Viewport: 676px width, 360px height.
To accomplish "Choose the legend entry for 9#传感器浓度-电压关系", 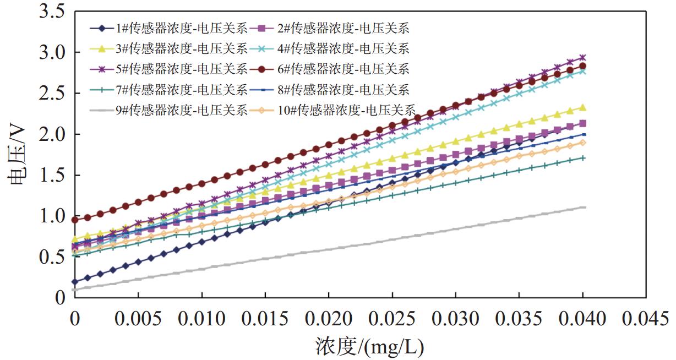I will (182, 110).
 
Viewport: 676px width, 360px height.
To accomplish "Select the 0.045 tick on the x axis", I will (647, 319).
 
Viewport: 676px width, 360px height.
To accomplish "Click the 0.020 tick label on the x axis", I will (329, 319).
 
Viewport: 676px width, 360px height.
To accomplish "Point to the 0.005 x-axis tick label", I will (138, 319).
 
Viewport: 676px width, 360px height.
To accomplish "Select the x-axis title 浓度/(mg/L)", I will (370, 347).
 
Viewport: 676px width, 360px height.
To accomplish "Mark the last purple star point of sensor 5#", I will (583, 57).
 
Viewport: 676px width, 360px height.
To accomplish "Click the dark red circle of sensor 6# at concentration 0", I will (75, 220).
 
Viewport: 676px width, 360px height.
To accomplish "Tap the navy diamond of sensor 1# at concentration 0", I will (75, 282).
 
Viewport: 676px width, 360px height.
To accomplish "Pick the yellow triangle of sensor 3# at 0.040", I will (583, 108).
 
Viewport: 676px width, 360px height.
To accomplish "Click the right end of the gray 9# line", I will (584, 207).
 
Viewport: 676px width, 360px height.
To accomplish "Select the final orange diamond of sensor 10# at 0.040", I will (583, 143).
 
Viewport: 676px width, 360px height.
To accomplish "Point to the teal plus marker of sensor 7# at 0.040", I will (583, 158).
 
